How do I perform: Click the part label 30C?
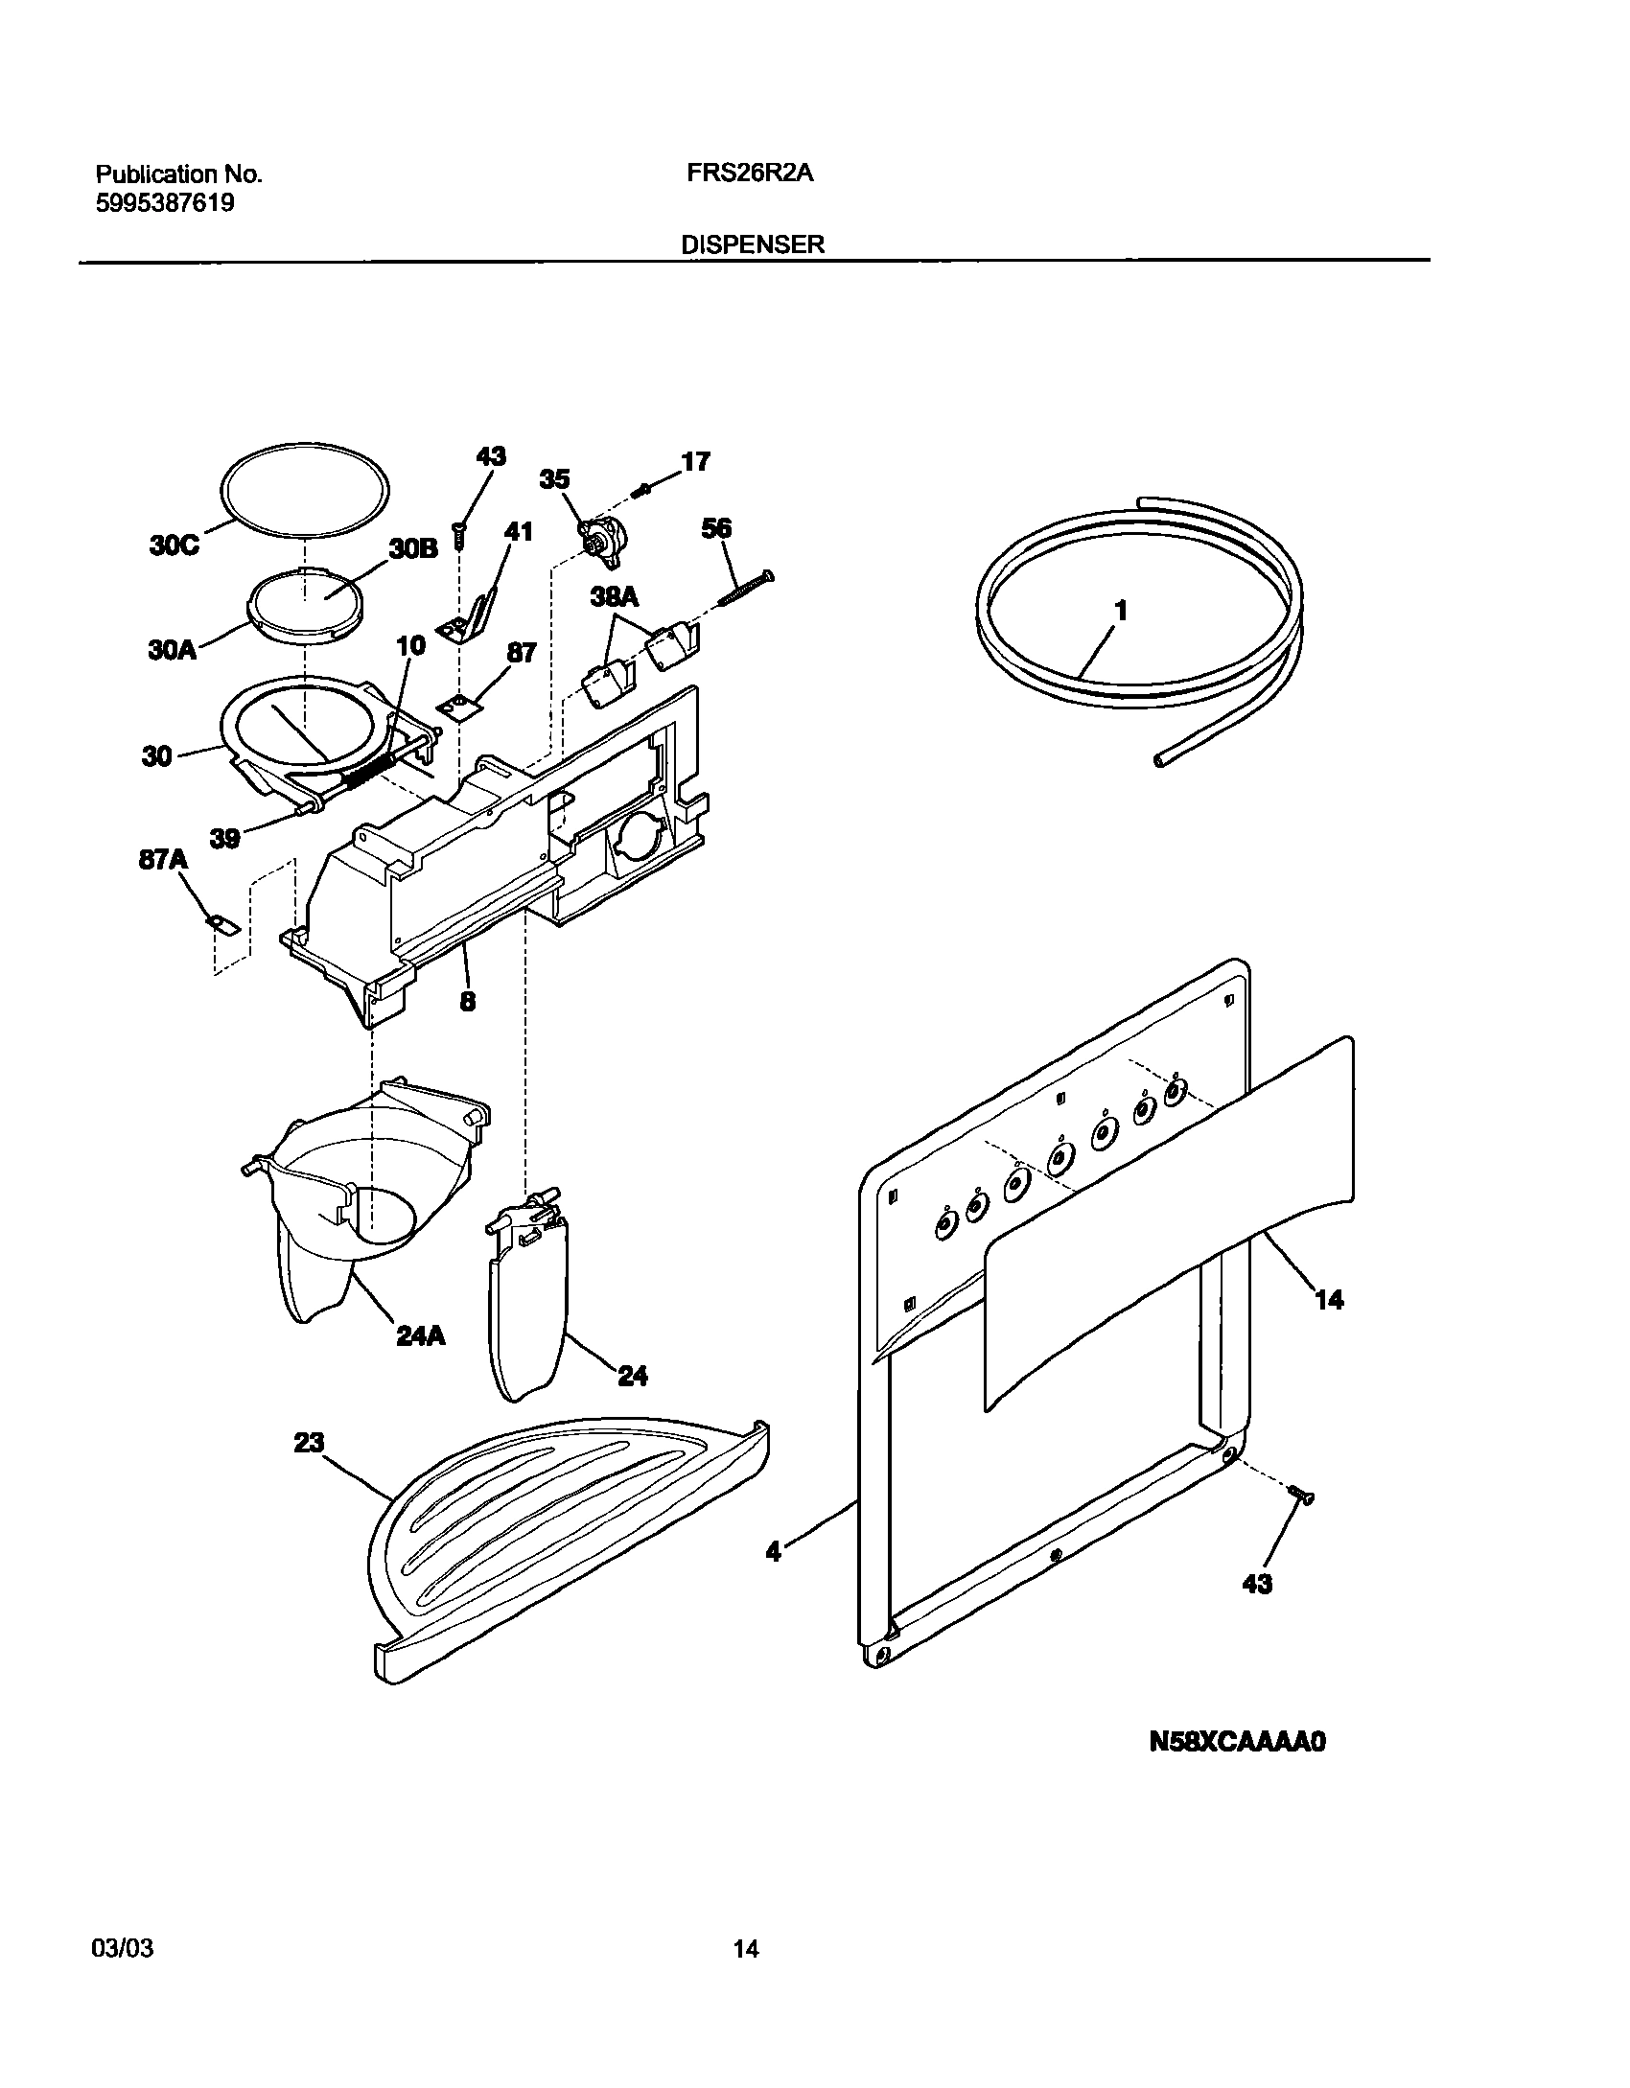pyautogui.click(x=174, y=545)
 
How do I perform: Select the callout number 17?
pyautogui.click(x=695, y=462)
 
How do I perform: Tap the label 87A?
pyautogui.click(x=163, y=860)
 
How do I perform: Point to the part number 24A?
pyautogui.click(x=420, y=1334)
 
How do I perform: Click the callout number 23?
pyautogui.click(x=308, y=1443)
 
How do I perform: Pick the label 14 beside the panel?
pyautogui.click(x=1329, y=1300)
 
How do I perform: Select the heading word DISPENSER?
pyautogui.click(x=753, y=244)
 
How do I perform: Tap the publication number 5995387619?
pyautogui.click(x=165, y=203)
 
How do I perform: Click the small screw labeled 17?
pyautogui.click(x=642, y=490)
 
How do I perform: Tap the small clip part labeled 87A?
pyautogui.click(x=221, y=923)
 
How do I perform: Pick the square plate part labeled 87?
pyautogui.click(x=459, y=706)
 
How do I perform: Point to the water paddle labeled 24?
pyautogui.click(x=525, y=1313)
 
